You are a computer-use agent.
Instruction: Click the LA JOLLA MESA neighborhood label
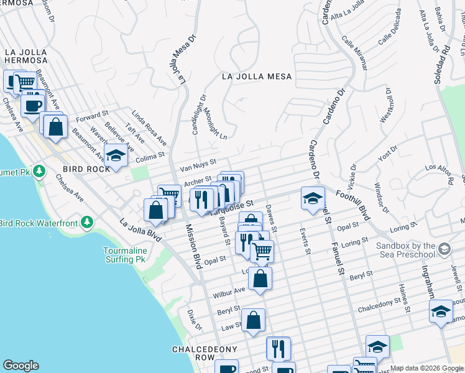(257, 76)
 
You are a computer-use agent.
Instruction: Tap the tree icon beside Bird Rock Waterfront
(88, 223)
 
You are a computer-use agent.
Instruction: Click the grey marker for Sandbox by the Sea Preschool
(444, 250)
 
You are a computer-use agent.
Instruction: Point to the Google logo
(21, 365)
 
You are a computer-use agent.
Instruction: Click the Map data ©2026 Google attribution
(426, 368)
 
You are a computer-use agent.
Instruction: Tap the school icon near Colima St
(116, 156)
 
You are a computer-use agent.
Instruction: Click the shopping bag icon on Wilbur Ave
(260, 279)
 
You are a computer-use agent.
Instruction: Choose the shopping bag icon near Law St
(253, 321)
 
